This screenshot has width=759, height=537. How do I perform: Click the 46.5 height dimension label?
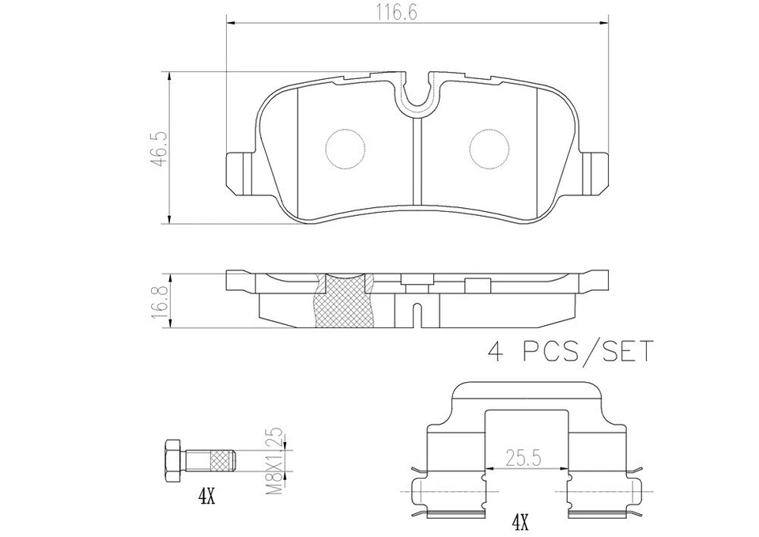coord(160,148)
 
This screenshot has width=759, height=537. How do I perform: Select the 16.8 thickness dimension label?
coord(160,301)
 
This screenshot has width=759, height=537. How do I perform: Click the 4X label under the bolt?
coord(207,497)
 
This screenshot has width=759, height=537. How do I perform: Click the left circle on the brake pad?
coord(346,148)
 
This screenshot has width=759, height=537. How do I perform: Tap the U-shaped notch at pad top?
coord(417,93)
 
